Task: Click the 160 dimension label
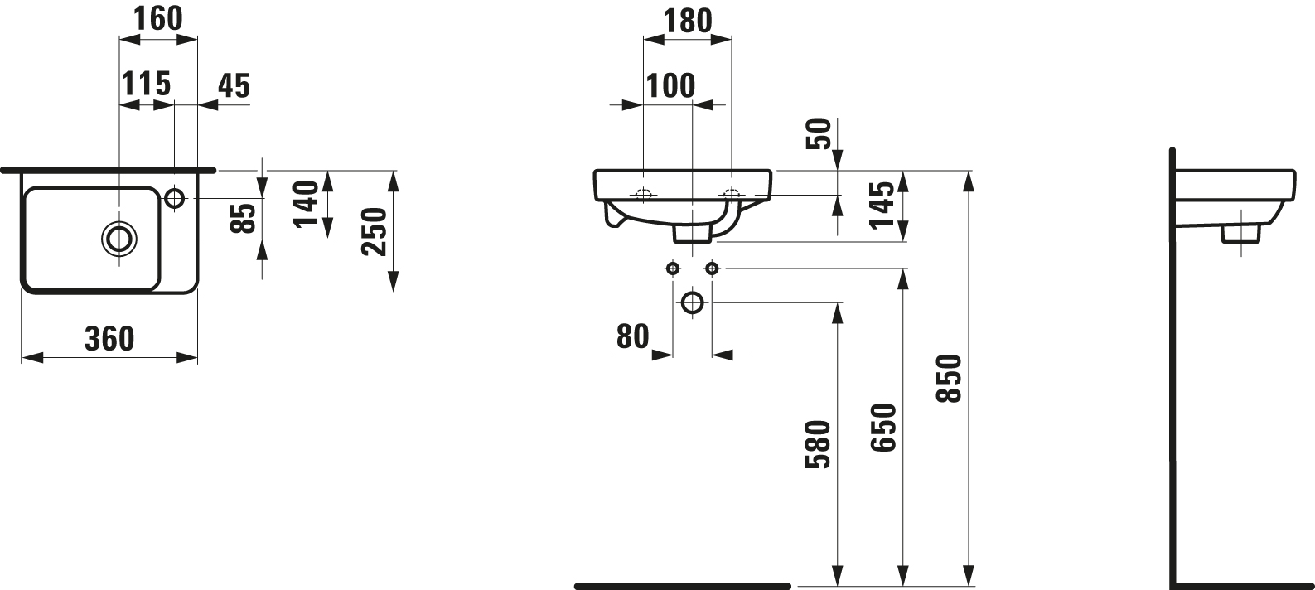tap(158, 18)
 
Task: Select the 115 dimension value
tap(146, 84)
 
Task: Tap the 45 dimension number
tap(234, 85)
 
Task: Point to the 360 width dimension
tap(109, 339)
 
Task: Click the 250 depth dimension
tap(374, 231)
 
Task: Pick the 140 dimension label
tap(306, 204)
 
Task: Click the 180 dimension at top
tap(688, 22)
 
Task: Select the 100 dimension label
tap(670, 85)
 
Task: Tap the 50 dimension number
tap(820, 134)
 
